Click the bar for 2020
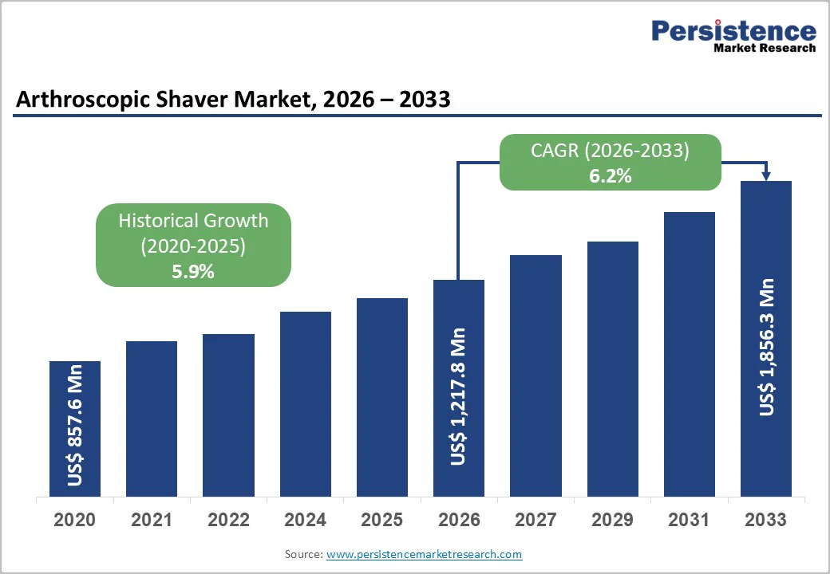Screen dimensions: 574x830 tap(75, 429)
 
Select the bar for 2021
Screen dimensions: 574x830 tap(152, 419)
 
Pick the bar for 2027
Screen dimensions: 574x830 tap(536, 375)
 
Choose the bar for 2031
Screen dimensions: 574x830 tap(689, 354)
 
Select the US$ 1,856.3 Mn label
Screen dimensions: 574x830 tap(766, 347)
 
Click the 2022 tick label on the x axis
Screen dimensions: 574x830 tap(228, 521)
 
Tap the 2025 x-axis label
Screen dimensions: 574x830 tap(381, 521)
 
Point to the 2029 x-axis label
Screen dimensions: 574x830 tap(612, 521)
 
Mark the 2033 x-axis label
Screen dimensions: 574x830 tap(765, 521)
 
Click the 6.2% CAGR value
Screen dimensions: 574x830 tap(611, 176)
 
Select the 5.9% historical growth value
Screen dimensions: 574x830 tap(193, 272)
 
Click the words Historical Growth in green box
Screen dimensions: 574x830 tap(193, 221)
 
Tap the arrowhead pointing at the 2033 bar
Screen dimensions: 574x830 tap(766, 175)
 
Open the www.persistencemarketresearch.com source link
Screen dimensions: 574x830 tap(424, 554)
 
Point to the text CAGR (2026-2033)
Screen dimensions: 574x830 tap(611, 151)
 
